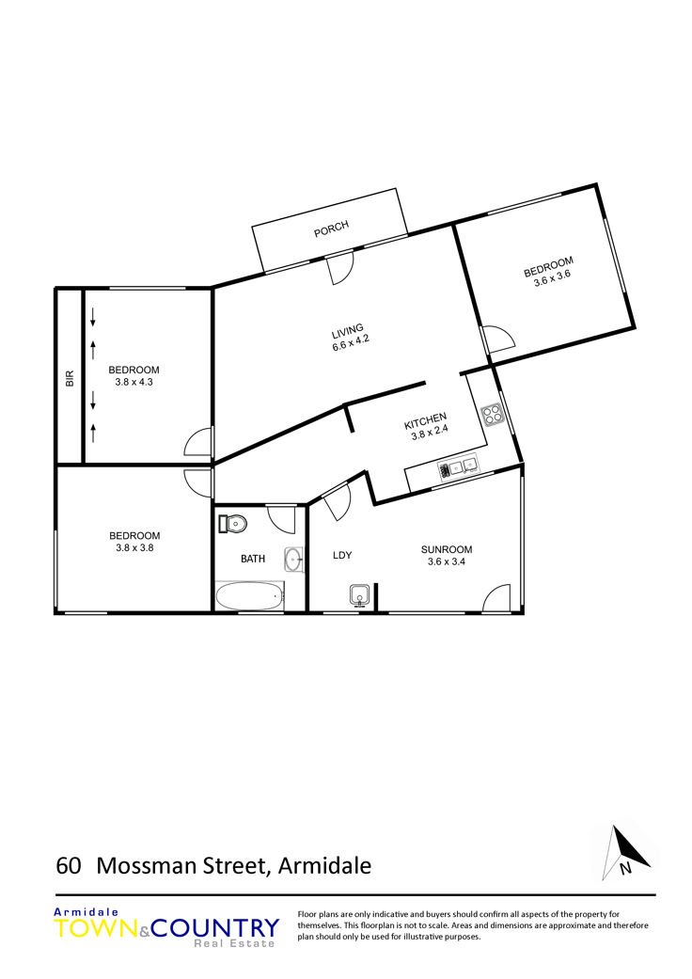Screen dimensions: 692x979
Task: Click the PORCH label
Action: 331,229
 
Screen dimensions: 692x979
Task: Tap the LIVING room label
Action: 348,330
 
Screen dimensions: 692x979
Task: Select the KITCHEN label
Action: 426,420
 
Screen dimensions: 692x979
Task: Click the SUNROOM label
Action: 447,549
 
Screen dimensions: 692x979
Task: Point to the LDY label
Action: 342,555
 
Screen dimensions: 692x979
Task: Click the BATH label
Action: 253,559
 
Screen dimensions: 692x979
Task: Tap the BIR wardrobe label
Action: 70,378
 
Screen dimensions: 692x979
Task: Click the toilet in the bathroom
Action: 233,523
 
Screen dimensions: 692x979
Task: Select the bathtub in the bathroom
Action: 249,596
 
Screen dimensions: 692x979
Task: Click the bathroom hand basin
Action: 294,561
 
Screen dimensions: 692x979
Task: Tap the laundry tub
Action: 360,596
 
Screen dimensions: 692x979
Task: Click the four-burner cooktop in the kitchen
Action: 492,414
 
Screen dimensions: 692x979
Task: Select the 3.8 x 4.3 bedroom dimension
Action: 134,382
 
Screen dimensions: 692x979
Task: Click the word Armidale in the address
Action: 325,866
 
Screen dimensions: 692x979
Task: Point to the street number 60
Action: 69,866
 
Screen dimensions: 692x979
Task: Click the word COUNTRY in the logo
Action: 215,928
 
